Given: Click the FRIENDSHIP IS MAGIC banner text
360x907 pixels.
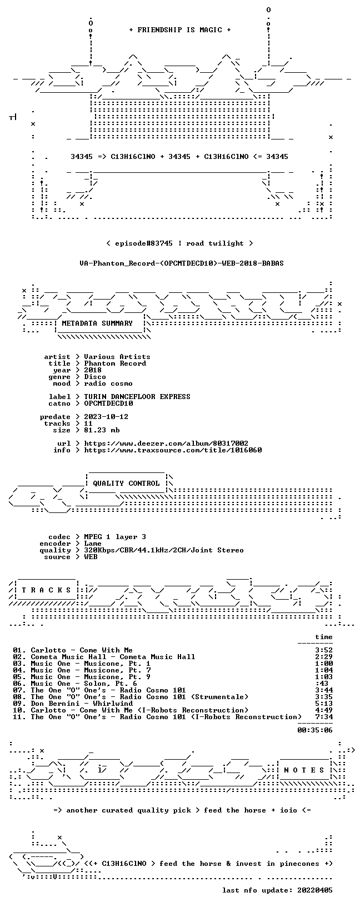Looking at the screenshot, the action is [180, 30].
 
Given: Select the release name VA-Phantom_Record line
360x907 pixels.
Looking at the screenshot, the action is [182, 263].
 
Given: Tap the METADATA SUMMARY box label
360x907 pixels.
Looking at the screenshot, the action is [97, 323].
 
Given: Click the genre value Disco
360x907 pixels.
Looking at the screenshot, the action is [95, 377].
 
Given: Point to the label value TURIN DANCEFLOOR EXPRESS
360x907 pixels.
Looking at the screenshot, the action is [137, 396].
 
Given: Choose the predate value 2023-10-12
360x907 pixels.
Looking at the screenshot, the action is [106, 417].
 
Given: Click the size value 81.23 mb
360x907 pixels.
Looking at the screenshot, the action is [102, 430].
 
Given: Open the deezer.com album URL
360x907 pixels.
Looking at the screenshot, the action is [166, 443].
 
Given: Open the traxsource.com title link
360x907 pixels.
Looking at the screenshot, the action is [173, 450].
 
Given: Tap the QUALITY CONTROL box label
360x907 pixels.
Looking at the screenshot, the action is [126, 483].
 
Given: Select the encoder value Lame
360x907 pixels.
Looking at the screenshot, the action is [93, 544].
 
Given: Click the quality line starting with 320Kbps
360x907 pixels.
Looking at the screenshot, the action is [163, 550].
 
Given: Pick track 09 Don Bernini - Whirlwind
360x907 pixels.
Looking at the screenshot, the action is [73, 704].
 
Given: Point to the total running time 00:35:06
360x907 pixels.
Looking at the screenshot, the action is [315, 730].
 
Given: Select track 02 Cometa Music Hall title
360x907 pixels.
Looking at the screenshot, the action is [104, 657].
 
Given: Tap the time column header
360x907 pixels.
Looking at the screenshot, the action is [324, 637].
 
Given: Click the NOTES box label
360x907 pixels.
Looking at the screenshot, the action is [304, 770].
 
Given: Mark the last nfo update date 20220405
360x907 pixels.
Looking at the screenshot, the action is [315, 890].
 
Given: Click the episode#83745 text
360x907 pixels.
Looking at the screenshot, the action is [144, 243].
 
